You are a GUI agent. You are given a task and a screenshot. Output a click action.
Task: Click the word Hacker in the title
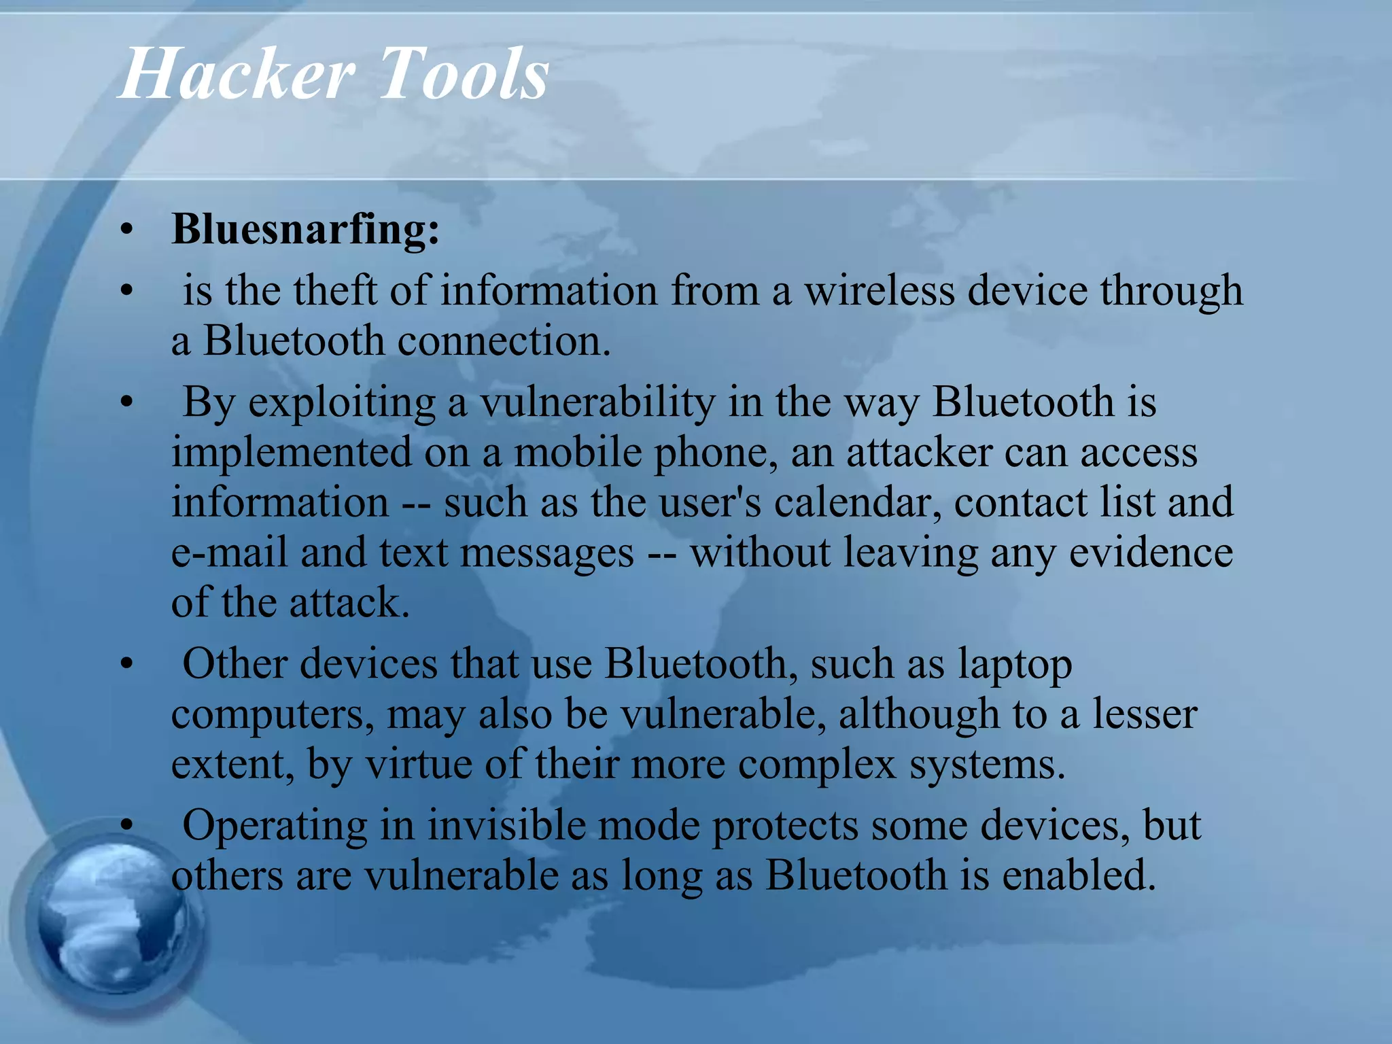(237, 73)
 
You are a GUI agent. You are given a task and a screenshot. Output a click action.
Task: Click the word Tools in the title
(463, 73)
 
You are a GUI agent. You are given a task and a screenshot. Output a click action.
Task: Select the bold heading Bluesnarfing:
(305, 229)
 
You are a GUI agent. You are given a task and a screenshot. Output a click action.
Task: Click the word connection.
(504, 341)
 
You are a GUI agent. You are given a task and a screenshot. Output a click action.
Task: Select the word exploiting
(341, 403)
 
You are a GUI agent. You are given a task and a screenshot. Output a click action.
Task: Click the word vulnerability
(597, 403)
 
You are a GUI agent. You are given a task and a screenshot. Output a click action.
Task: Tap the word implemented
(292, 452)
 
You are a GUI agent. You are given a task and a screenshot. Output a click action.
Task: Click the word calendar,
(858, 502)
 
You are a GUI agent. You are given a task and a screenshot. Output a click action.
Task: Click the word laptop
(1015, 664)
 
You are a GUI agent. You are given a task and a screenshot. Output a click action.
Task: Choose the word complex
(817, 765)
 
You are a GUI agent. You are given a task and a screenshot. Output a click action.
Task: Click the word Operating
(275, 826)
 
